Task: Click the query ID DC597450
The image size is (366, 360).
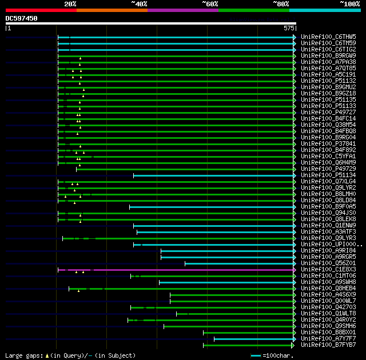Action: [22, 18]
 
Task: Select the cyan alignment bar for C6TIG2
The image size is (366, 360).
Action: [177, 50]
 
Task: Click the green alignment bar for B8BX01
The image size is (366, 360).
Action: [249, 333]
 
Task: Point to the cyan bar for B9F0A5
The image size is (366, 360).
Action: [212, 207]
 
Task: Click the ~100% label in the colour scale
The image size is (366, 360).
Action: [349, 4]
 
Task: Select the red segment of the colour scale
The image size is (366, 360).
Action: [41, 10]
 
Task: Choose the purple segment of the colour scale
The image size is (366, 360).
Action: [182, 10]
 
